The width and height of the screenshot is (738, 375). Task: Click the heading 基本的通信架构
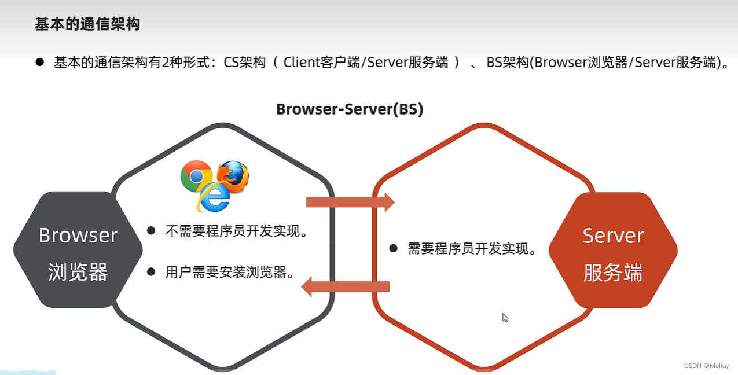pos(87,24)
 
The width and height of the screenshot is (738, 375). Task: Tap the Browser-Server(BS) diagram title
pos(350,109)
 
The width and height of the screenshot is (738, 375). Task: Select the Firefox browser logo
pos(233,177)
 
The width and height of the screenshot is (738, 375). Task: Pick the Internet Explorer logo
pos(214,198)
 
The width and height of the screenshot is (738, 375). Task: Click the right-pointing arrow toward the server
pos(350,202)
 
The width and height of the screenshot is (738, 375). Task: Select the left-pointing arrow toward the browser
pos(346,286)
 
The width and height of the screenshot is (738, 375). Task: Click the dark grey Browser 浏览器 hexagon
pos(78,250)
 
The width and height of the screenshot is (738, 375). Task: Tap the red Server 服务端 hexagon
pos(612,250)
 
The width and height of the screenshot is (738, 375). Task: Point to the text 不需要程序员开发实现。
pos(236,231)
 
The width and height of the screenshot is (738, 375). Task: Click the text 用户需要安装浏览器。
pos(229,272)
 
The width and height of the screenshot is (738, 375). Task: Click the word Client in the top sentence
pos(301,62)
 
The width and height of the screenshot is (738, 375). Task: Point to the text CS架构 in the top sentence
pos(245,62)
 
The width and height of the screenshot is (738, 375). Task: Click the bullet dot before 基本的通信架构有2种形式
pos(40,62)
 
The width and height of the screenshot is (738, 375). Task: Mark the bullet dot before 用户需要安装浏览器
pos(152,271)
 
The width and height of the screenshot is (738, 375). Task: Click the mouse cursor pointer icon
pos(505,317)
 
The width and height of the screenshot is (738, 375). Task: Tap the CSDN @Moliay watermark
pos(706,366)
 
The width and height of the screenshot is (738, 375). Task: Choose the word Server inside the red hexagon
pos(612,236)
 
